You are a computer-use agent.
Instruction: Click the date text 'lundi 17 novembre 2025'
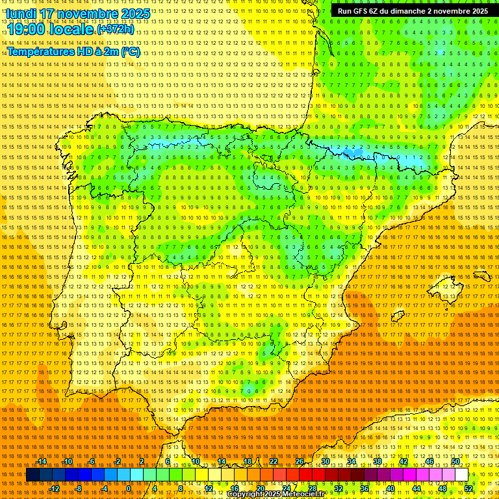78,14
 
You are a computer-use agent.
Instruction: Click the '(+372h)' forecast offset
116,30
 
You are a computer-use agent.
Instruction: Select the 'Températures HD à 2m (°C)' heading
73,51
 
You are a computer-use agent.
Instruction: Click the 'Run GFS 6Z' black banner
413,11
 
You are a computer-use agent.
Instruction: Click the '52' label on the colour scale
468,489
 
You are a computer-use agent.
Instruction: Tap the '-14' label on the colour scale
42,461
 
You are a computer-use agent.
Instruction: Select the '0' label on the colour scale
129,489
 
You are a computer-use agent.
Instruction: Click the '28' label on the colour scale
313,489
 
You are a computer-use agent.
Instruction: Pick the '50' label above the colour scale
455,461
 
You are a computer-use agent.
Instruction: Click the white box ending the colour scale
462,475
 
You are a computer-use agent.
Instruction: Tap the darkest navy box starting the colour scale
32,475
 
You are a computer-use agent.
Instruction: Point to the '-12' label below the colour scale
55,489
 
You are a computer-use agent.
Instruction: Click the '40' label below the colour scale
390,489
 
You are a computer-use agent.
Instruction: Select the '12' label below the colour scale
209,489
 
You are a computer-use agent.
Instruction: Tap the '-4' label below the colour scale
104,489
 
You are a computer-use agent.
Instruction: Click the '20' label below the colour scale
261,489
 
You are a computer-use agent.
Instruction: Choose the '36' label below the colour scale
365,489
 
